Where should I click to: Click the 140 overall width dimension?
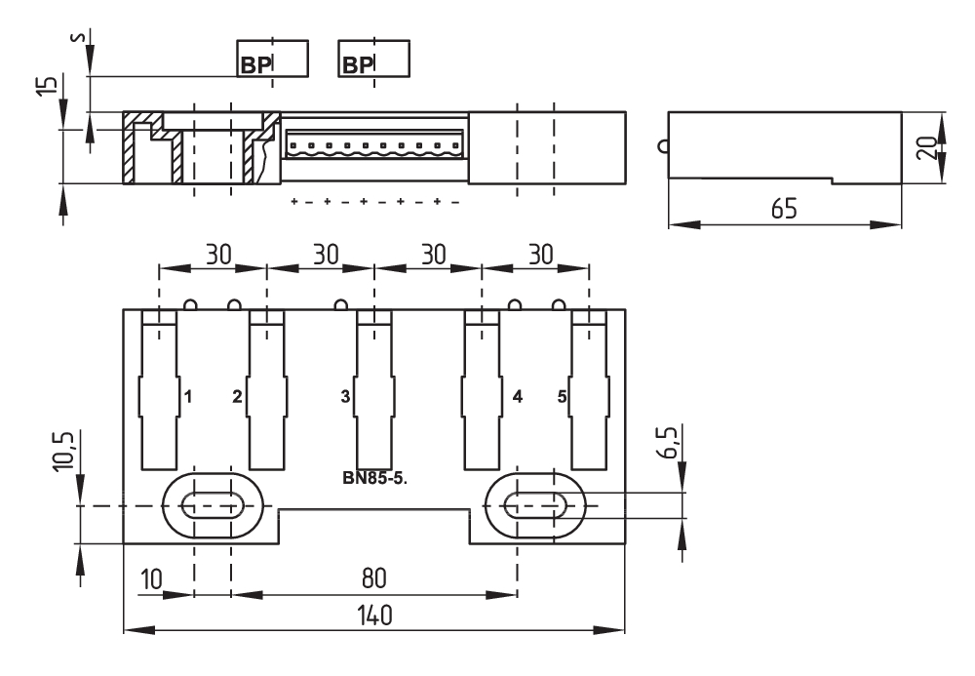(x=373, y=616)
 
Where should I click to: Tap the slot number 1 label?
(x=186, y=397)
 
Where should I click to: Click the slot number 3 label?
(x=345, y=397)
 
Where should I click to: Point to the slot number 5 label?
(x=562, y=397)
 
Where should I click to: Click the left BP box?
(x=273, y=59)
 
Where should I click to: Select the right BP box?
(x=373, y=59)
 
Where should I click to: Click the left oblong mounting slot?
(x=213, y=505)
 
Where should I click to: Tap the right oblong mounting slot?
(x=535, y=505)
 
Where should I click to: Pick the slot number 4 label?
(x=517, y=397)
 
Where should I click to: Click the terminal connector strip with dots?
(x=374, y=144)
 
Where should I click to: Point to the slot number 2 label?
(x=237, y=397)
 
